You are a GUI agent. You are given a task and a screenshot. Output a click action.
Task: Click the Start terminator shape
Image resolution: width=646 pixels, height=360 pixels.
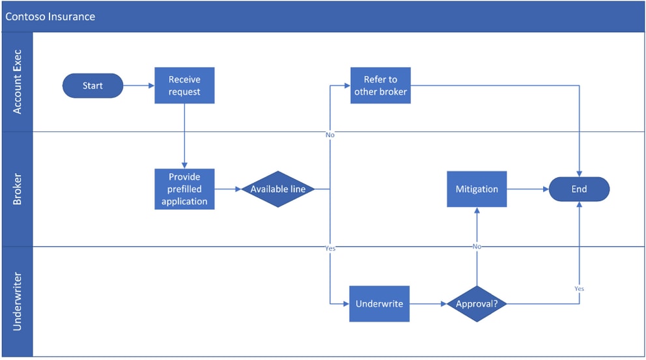[92, 85]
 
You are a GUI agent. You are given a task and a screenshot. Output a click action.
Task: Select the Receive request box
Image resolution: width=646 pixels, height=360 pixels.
[184, 85]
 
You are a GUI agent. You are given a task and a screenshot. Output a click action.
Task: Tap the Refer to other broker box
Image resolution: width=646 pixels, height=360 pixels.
[380, 85]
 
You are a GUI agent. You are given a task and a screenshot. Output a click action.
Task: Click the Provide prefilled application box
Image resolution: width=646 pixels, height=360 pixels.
[184, 189]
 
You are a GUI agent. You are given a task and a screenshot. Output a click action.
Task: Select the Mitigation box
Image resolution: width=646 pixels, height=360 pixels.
[477, 189]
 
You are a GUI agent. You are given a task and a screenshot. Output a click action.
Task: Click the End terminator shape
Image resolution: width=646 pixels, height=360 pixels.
[579, 189]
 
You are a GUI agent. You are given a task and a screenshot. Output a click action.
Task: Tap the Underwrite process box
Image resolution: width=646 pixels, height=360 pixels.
[379, 303]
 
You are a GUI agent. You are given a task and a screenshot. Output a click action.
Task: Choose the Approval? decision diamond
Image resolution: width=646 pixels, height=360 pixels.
[477, 303]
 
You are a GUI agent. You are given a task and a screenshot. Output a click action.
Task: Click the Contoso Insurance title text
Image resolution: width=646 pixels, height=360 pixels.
[50, 16]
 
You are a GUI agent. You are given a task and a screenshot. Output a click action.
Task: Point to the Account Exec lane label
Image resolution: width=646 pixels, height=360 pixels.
[17, 82]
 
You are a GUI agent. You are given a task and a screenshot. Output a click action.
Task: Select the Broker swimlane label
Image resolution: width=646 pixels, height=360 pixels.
[17, 189]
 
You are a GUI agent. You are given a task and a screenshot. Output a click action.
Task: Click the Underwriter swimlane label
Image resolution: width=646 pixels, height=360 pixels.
[17, 301]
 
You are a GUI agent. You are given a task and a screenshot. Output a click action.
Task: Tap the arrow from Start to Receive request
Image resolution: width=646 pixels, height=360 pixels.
[139, 85]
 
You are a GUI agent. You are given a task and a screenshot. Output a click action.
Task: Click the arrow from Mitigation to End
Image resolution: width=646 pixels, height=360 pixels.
[527, 189]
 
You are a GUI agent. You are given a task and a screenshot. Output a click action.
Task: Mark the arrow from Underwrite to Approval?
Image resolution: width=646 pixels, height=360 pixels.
[428, 303]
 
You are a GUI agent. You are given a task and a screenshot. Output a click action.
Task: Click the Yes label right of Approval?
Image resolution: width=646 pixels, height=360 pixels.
[579, 288]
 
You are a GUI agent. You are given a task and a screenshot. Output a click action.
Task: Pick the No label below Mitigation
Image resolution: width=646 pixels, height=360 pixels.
[477, 247]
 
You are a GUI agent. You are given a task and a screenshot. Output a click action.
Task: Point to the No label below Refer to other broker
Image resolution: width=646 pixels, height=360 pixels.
[330, 135]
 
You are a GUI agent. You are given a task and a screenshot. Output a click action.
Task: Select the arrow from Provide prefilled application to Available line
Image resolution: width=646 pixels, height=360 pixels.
[227, 189]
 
